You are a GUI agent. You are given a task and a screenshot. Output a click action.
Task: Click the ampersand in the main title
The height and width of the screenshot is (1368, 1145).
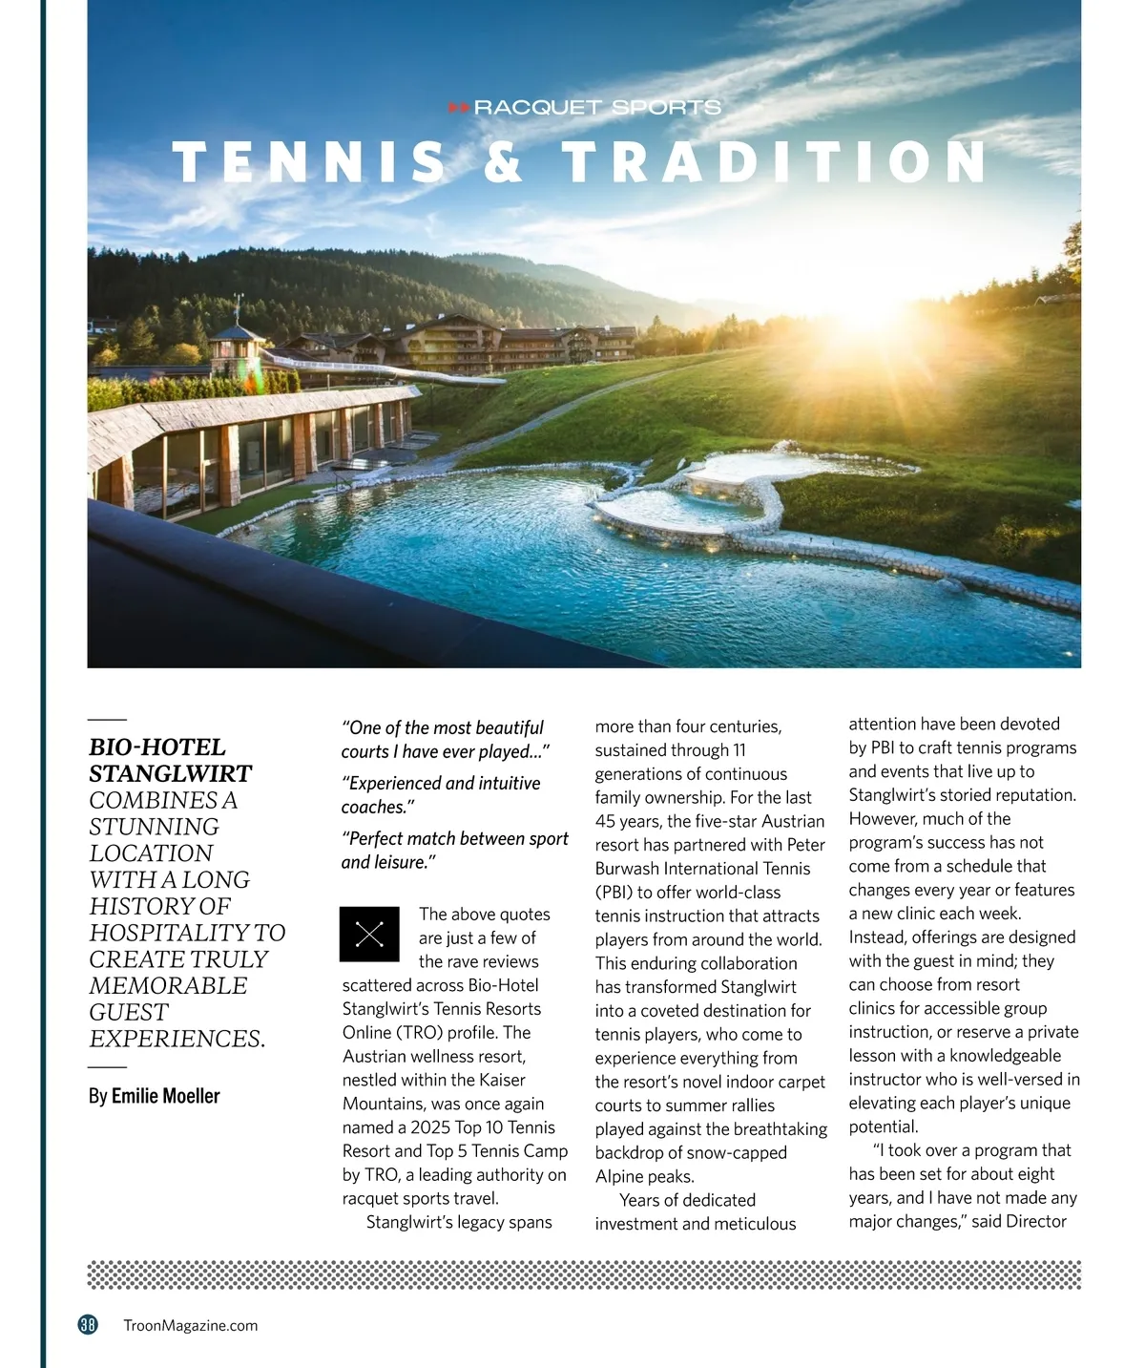tap(504, 161)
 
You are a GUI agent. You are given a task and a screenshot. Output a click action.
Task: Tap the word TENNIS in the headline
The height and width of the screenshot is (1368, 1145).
tap(309, 161)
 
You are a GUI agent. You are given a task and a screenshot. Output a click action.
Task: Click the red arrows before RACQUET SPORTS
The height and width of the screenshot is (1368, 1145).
tap(459, 108)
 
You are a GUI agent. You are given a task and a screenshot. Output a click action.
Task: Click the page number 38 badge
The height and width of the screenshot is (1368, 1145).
tap(88, 1324)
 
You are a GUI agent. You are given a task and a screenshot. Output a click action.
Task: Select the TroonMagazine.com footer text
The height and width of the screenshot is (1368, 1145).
tap(191, 1325)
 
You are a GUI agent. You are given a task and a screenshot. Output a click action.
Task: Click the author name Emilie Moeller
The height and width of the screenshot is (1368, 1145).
tap(165, 1096)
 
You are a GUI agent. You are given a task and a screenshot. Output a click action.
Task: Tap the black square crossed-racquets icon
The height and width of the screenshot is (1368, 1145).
tap(369, 934)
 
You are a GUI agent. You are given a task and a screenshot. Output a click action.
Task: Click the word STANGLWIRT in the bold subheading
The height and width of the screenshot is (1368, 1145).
tap(171, 773)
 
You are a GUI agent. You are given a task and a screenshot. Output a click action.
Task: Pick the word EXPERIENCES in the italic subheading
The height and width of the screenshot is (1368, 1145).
tap(176, 1039)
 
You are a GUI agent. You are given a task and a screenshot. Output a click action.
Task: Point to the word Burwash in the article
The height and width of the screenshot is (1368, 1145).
tap(635, 869)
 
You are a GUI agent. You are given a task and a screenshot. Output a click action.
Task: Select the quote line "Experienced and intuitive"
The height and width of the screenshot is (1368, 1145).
tap(441, 784)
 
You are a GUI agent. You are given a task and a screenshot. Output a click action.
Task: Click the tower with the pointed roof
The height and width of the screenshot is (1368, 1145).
tap(237, 348)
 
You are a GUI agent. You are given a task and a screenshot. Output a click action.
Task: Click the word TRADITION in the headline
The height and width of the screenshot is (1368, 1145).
tap(774, 161)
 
